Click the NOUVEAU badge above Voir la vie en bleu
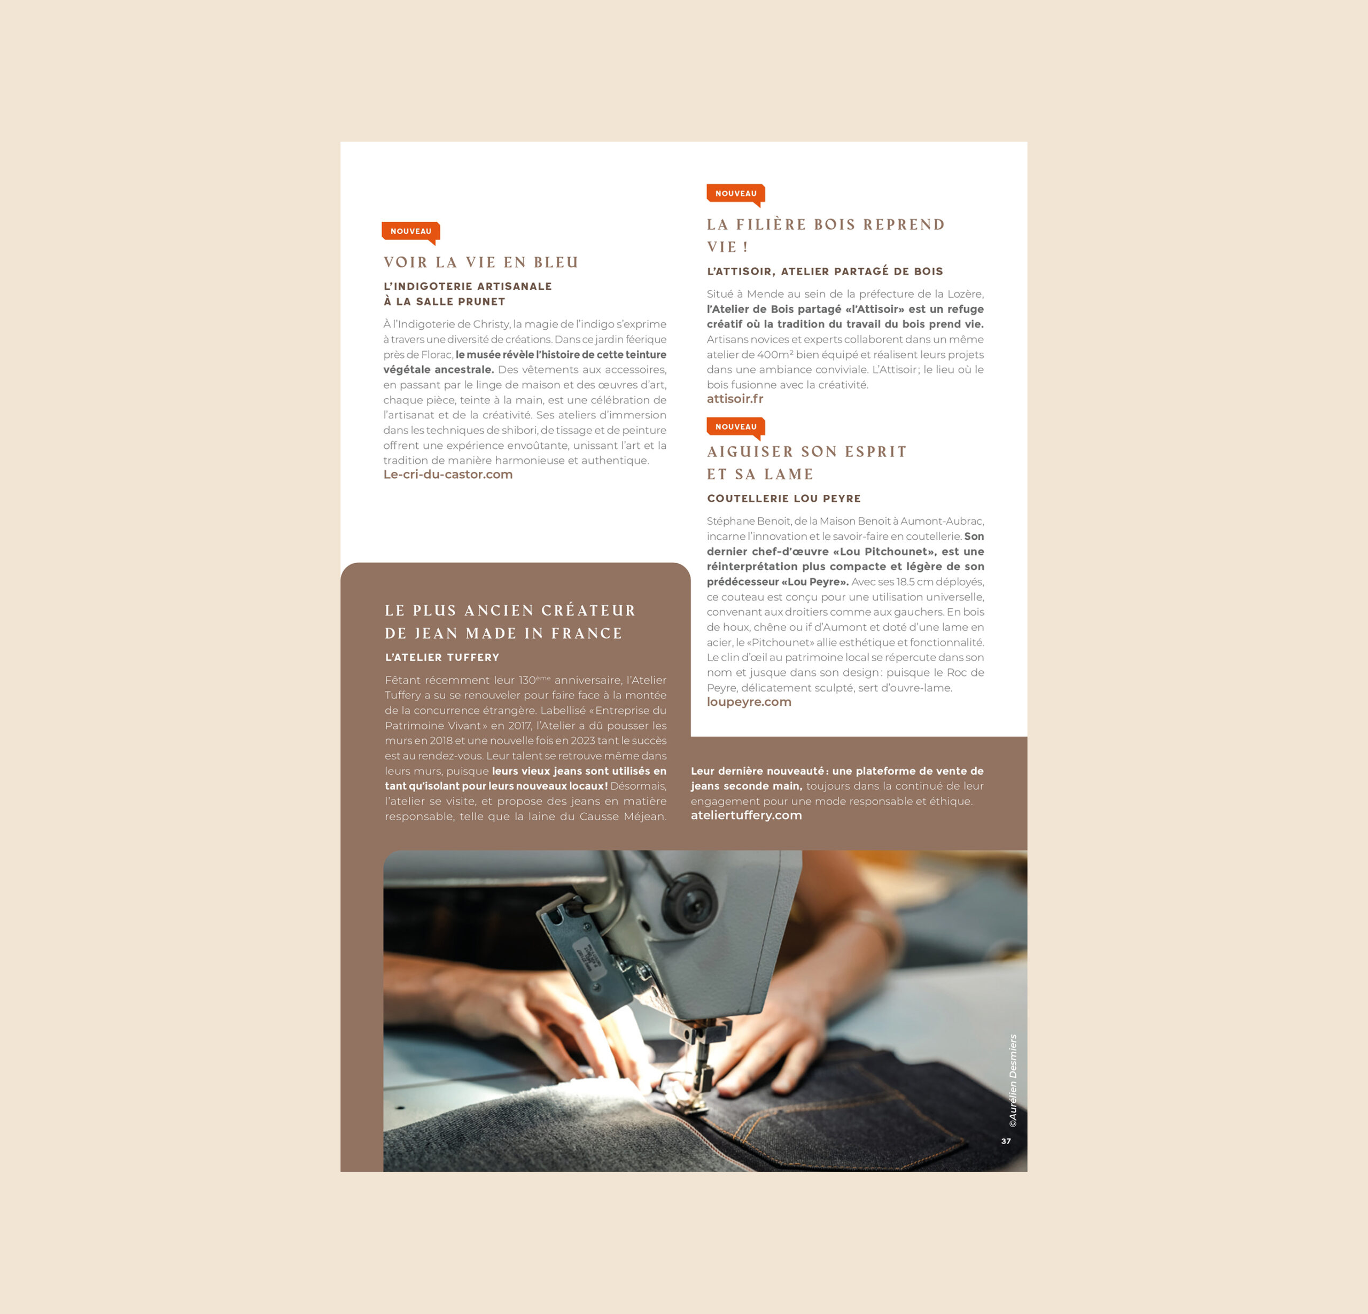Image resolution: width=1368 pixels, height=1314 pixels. (x=410, y=232)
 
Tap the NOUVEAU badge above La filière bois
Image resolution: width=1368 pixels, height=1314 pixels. (x=736, y=194)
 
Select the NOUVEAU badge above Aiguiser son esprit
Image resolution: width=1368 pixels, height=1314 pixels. (x=736, y=427)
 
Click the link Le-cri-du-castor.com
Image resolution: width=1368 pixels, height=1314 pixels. (x=448, y=475)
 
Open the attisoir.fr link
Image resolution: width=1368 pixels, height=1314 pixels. (x=735, y=399)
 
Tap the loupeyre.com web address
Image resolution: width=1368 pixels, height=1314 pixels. (x=749, y=702)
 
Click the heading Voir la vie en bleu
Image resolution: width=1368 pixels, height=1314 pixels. (x=481, y=262)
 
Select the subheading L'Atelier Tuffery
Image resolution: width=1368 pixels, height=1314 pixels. (x=442, y=657)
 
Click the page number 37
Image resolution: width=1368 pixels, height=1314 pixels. (x=1006, y=1141)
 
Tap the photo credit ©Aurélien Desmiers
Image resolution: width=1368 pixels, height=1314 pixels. (x=1013, y=1080)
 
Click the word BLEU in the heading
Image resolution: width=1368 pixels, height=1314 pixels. (x=556, y=262)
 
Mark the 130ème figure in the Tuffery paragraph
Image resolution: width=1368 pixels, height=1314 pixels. (x=534, y=680)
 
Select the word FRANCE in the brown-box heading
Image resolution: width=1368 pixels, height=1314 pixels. (x=586, y=634)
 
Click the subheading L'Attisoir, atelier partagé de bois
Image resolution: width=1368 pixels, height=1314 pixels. (x=825, y=271)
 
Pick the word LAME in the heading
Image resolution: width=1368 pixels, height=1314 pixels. (x=789, y=475)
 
